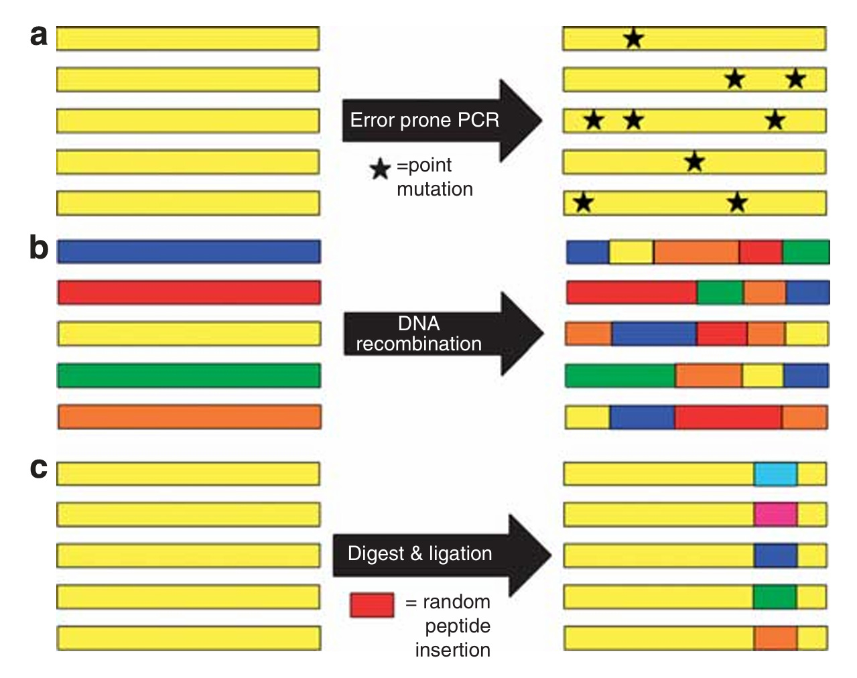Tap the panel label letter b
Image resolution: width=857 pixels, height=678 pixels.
39,248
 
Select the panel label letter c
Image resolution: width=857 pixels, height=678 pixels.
39,468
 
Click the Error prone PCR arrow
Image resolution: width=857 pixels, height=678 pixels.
439,121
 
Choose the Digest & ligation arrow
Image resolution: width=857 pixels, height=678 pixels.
439,554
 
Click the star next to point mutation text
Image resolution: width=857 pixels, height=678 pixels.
380,169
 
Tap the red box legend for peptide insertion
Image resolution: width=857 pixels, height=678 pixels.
372,605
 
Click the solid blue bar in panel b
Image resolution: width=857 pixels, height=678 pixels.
189,251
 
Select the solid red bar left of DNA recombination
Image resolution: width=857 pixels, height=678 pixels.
189,292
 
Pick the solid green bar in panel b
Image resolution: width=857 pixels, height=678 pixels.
189,375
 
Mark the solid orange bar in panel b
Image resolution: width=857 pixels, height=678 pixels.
189,417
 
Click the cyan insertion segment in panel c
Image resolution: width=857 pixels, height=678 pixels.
775,474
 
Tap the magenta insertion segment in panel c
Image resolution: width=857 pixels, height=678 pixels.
775,515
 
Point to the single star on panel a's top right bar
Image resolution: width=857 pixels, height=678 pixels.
633,39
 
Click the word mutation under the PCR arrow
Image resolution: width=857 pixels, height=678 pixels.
435,190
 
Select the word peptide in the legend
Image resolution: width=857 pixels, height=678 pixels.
458,626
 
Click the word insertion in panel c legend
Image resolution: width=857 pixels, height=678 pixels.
453,650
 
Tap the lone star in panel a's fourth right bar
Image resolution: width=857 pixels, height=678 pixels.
695,161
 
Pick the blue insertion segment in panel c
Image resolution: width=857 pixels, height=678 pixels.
775,555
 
